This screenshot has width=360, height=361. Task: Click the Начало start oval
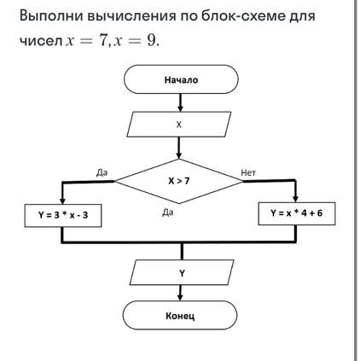click(x=180, y=80)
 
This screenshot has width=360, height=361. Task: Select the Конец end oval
click(x=180, y=316)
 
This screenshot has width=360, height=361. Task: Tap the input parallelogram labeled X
click(x=179, y=124)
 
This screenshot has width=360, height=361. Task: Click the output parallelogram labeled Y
click(x=181, y=273)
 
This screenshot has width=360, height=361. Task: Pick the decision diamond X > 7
click(x=179, y=180)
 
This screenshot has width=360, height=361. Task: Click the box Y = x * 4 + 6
click(x=296, y=213)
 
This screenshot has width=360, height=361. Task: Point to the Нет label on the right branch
click(x=248, y=172)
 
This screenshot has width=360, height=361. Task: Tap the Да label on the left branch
click(x=102, y=172)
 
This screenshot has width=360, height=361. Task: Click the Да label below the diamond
click(x=167, y=213)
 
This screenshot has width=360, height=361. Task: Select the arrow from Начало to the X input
click(x=180, y=102)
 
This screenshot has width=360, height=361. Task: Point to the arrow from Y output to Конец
click(x=181, y=293)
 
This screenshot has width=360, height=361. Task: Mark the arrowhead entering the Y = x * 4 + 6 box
click(x=295, y=199)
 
